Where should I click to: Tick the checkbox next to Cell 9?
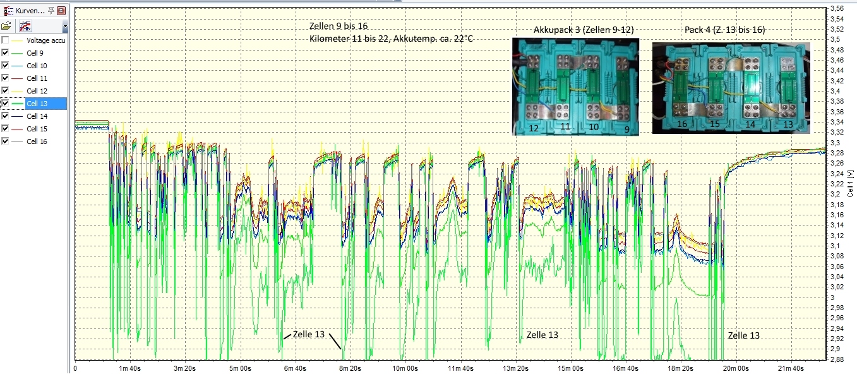[x=6, y=53]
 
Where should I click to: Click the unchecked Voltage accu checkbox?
[x=6, y=40]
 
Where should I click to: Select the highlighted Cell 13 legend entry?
[x=37, y=104]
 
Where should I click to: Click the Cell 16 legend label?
[x=37, y=141]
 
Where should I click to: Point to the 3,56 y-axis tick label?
[x=837, y=8]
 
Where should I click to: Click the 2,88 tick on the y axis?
[x=837, y=359]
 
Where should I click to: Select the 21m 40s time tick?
[x=790, y=368]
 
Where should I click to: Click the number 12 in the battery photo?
[x=533, y=128]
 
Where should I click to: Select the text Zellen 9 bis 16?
[x=339, y=27]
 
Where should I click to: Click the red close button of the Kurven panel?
[x=61, y=11]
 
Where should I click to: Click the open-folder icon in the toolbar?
[x=6, y=27]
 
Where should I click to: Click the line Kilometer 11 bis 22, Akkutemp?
[x=391, y=39]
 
